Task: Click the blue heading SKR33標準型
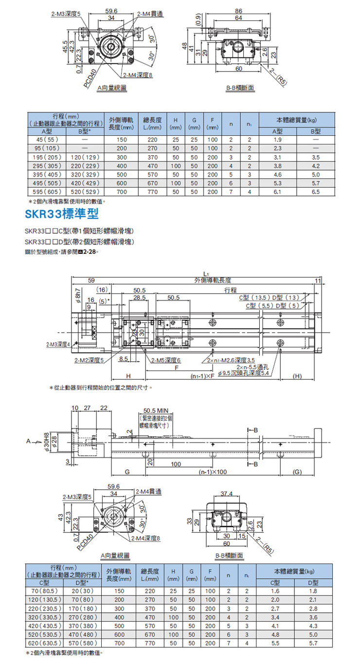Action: click(62, 213)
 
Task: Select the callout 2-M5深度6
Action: click(165, 360)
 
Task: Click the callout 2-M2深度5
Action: click(89, 360)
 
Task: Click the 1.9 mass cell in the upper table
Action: click(277, 140)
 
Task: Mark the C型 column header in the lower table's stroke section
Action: click(44, 583)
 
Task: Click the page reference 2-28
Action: click(88, 252)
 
